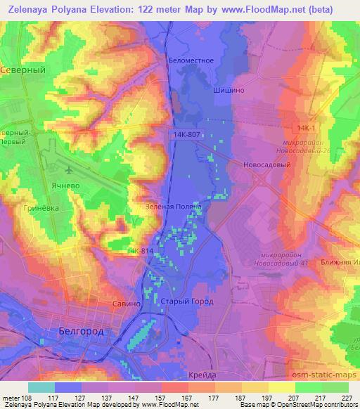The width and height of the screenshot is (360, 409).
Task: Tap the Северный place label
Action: (x=23, y=70)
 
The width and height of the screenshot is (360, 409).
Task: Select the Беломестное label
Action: (x=191, y=60)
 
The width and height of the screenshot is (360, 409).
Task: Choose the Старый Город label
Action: (x=181, y=302)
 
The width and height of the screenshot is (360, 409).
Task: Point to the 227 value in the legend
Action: (x=347, y=398)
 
